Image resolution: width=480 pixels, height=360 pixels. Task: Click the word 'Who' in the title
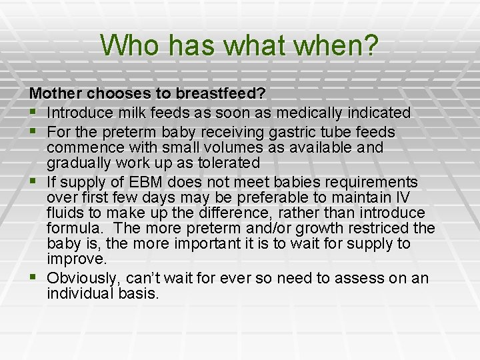(x=129, y=45)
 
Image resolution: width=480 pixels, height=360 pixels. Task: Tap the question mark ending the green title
(x=372, y=45)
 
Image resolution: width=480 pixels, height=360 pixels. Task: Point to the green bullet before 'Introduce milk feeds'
(x=33, y=112)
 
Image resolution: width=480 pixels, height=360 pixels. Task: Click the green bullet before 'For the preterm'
(x=33, y=131)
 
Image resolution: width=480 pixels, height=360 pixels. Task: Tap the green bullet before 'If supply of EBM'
(x=33, y=181)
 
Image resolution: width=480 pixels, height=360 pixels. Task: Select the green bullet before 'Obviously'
(x=33, y=277)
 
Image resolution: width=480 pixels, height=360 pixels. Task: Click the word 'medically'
(x=309, y=113)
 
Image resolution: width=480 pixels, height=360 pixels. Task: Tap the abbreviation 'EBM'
(x=145, y=182)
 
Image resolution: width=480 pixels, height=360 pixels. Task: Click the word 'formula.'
(x=73, y=228)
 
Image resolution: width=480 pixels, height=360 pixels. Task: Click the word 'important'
(x=207, y=244)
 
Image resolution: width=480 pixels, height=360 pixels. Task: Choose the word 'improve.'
(x=77, y=259)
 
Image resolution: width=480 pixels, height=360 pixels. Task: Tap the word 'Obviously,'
(x=82, y=279)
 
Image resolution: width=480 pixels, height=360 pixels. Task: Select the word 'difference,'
(x=235, y=213)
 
